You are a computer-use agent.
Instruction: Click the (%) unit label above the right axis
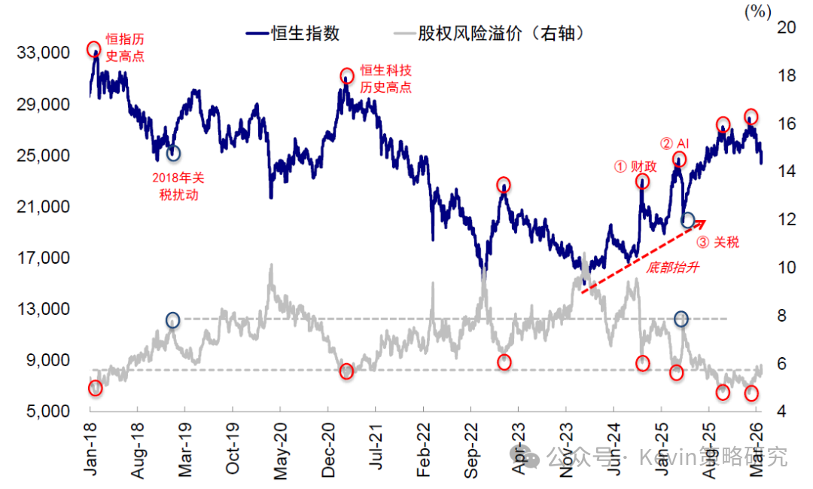pyautogui.click(x=757, y=11)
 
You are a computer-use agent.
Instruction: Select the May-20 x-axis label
pyautogui.click(x=280, y=449)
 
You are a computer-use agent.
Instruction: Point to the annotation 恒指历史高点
pyautogui.click(x=124, y=47)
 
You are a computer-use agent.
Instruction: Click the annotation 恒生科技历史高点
pyautogui.click(x=385, y=78)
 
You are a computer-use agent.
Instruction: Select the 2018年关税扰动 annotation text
pyautogui.click(x=178, y=185)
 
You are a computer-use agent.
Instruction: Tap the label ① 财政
pyautogui.click(x=635, y=167)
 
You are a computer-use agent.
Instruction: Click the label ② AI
pyautogui.click(x=674, y=143)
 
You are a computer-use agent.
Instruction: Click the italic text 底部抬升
pyautogui.click(x=668, y=266)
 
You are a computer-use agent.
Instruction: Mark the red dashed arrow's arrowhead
pyautogui.click(x=702, y=222)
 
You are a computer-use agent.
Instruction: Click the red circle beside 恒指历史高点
pyautogui.click(x=94, y=50)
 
